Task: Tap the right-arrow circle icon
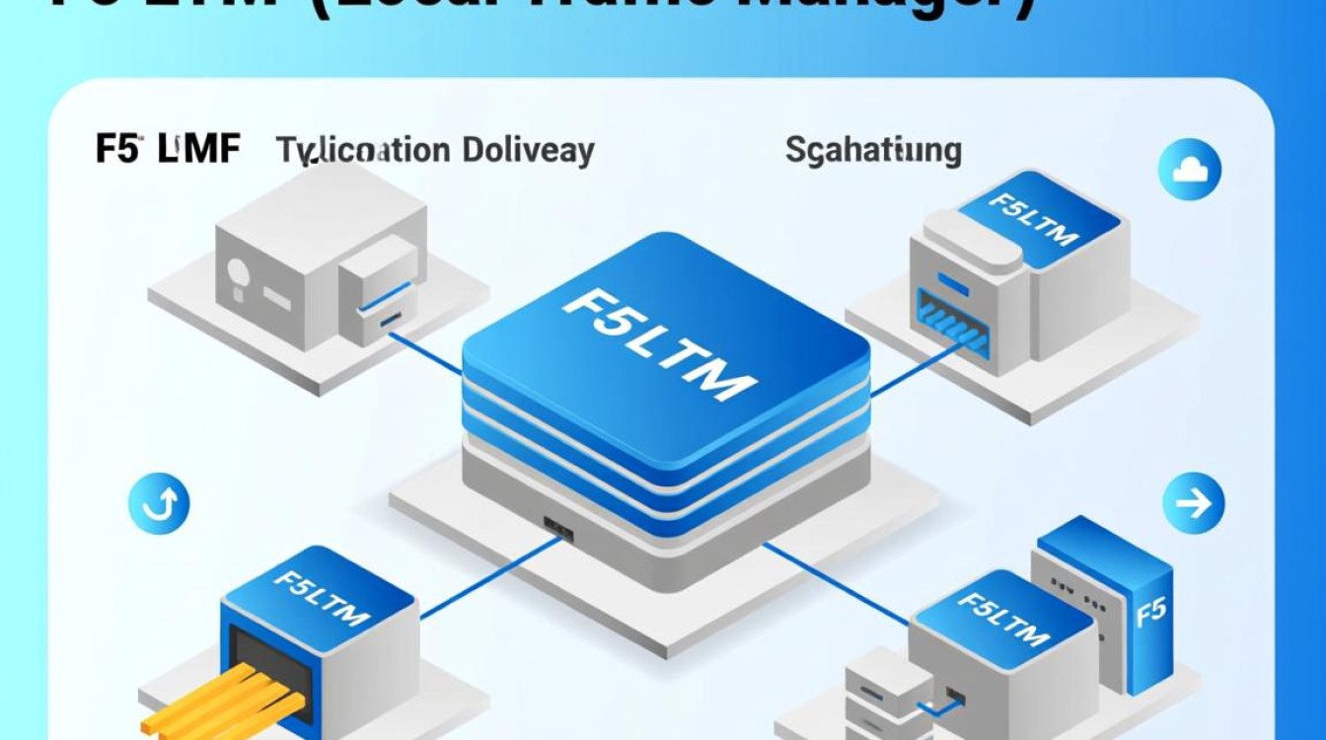pos(1193,504)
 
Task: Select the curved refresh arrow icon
pos(159,506)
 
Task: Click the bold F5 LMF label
pos(168,149)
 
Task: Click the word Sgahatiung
pos(873,150)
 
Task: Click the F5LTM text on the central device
pos(659,341)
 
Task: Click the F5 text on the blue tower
pos(1150,613)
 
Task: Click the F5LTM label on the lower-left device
pos(320,597)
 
